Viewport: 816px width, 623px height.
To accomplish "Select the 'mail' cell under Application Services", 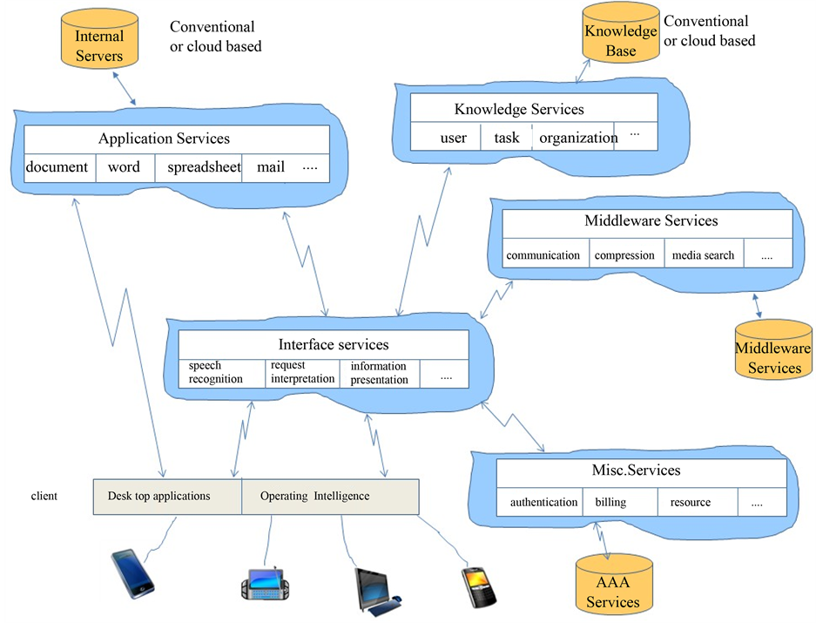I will [271, 167].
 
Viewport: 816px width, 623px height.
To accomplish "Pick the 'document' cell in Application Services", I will [57, 167].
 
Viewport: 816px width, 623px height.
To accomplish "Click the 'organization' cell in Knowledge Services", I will [577, 138].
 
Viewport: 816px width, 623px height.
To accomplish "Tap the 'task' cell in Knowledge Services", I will [506, 138].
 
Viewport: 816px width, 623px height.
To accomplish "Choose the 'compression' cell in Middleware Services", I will [624, 255].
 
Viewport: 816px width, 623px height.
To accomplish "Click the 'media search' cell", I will [703, 255].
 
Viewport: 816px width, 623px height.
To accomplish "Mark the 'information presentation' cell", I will [379, 373].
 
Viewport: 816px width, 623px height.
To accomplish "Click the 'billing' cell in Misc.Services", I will [610, 502].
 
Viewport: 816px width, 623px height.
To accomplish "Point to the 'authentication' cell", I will [543, 502].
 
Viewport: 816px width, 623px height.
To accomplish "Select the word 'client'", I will [44, 497].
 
